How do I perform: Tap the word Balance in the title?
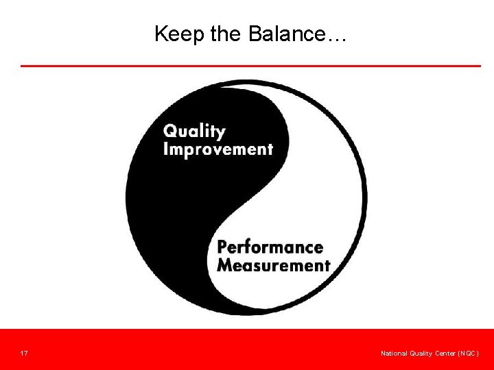(287, 34)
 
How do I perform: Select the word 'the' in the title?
(225, 34)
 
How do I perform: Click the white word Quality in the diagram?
(194, 132)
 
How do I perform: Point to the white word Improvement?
(218, 149)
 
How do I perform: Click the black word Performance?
(270, 247)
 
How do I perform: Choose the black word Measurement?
(273, 264)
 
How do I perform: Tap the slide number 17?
(24, 354)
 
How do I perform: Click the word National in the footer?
(395, 354)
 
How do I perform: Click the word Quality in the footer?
(421, 354)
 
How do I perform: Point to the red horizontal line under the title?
(250, 66)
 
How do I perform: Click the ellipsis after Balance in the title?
(338, 38)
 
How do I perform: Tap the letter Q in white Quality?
(170, 130)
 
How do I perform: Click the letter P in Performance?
(223, 247)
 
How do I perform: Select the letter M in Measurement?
(225, 264)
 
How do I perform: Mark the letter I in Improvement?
(166, 149)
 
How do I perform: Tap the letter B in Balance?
(255, 34)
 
